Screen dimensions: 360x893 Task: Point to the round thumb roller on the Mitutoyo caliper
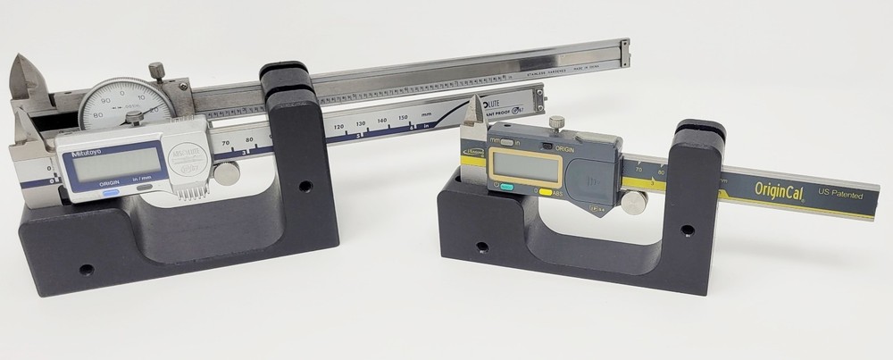pyautogui.click(x=227, y=175)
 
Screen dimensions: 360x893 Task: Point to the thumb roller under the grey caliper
pyautogui.click(x=633, y=204)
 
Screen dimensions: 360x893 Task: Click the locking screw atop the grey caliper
pyautogui.click(x=556, y=123)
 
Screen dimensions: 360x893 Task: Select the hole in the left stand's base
pyautogui.click(x=86, y=269)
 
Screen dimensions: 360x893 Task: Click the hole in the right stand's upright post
pyautogui.click(x=686, y=230)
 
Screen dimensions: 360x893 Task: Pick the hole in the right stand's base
pyautogui.click(x=481, y=247)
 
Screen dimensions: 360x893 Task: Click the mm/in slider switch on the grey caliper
pyautogui.click(x=506, y=141)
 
